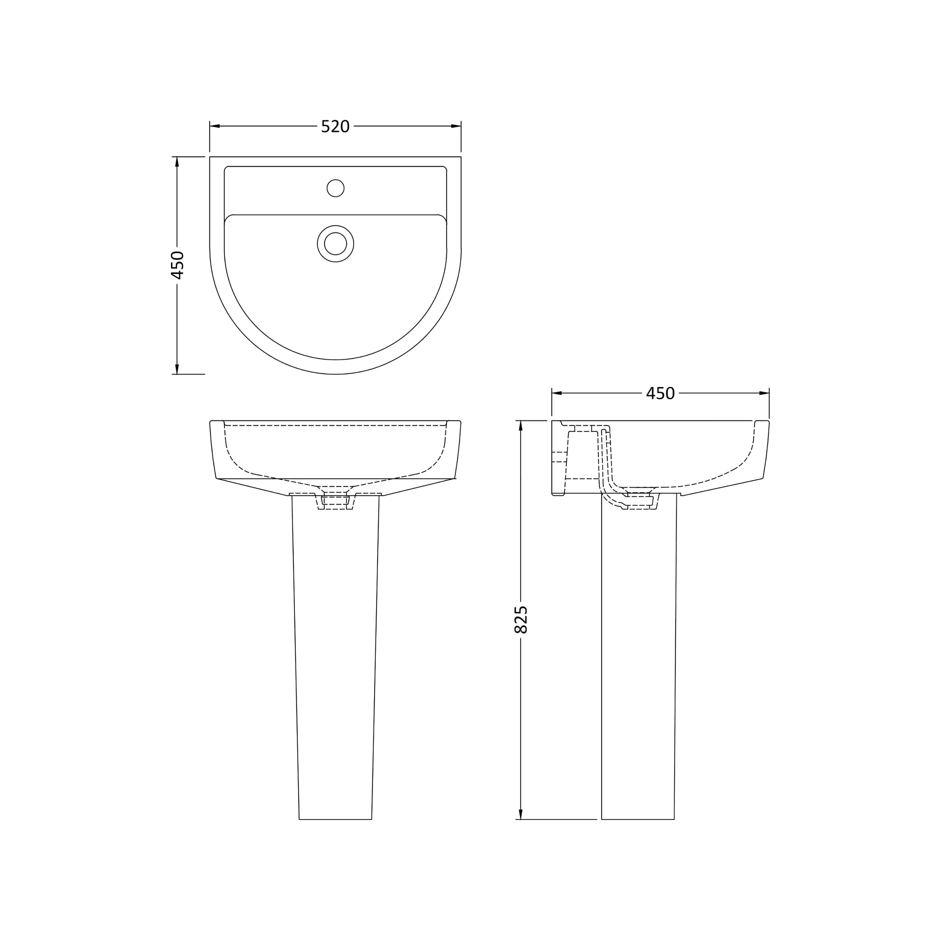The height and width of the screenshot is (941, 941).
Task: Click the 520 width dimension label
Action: [x=335, y=127]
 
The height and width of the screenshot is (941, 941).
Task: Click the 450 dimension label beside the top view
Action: [x=177, y=265]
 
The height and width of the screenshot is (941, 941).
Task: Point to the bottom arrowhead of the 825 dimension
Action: [x=521, y=814]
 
